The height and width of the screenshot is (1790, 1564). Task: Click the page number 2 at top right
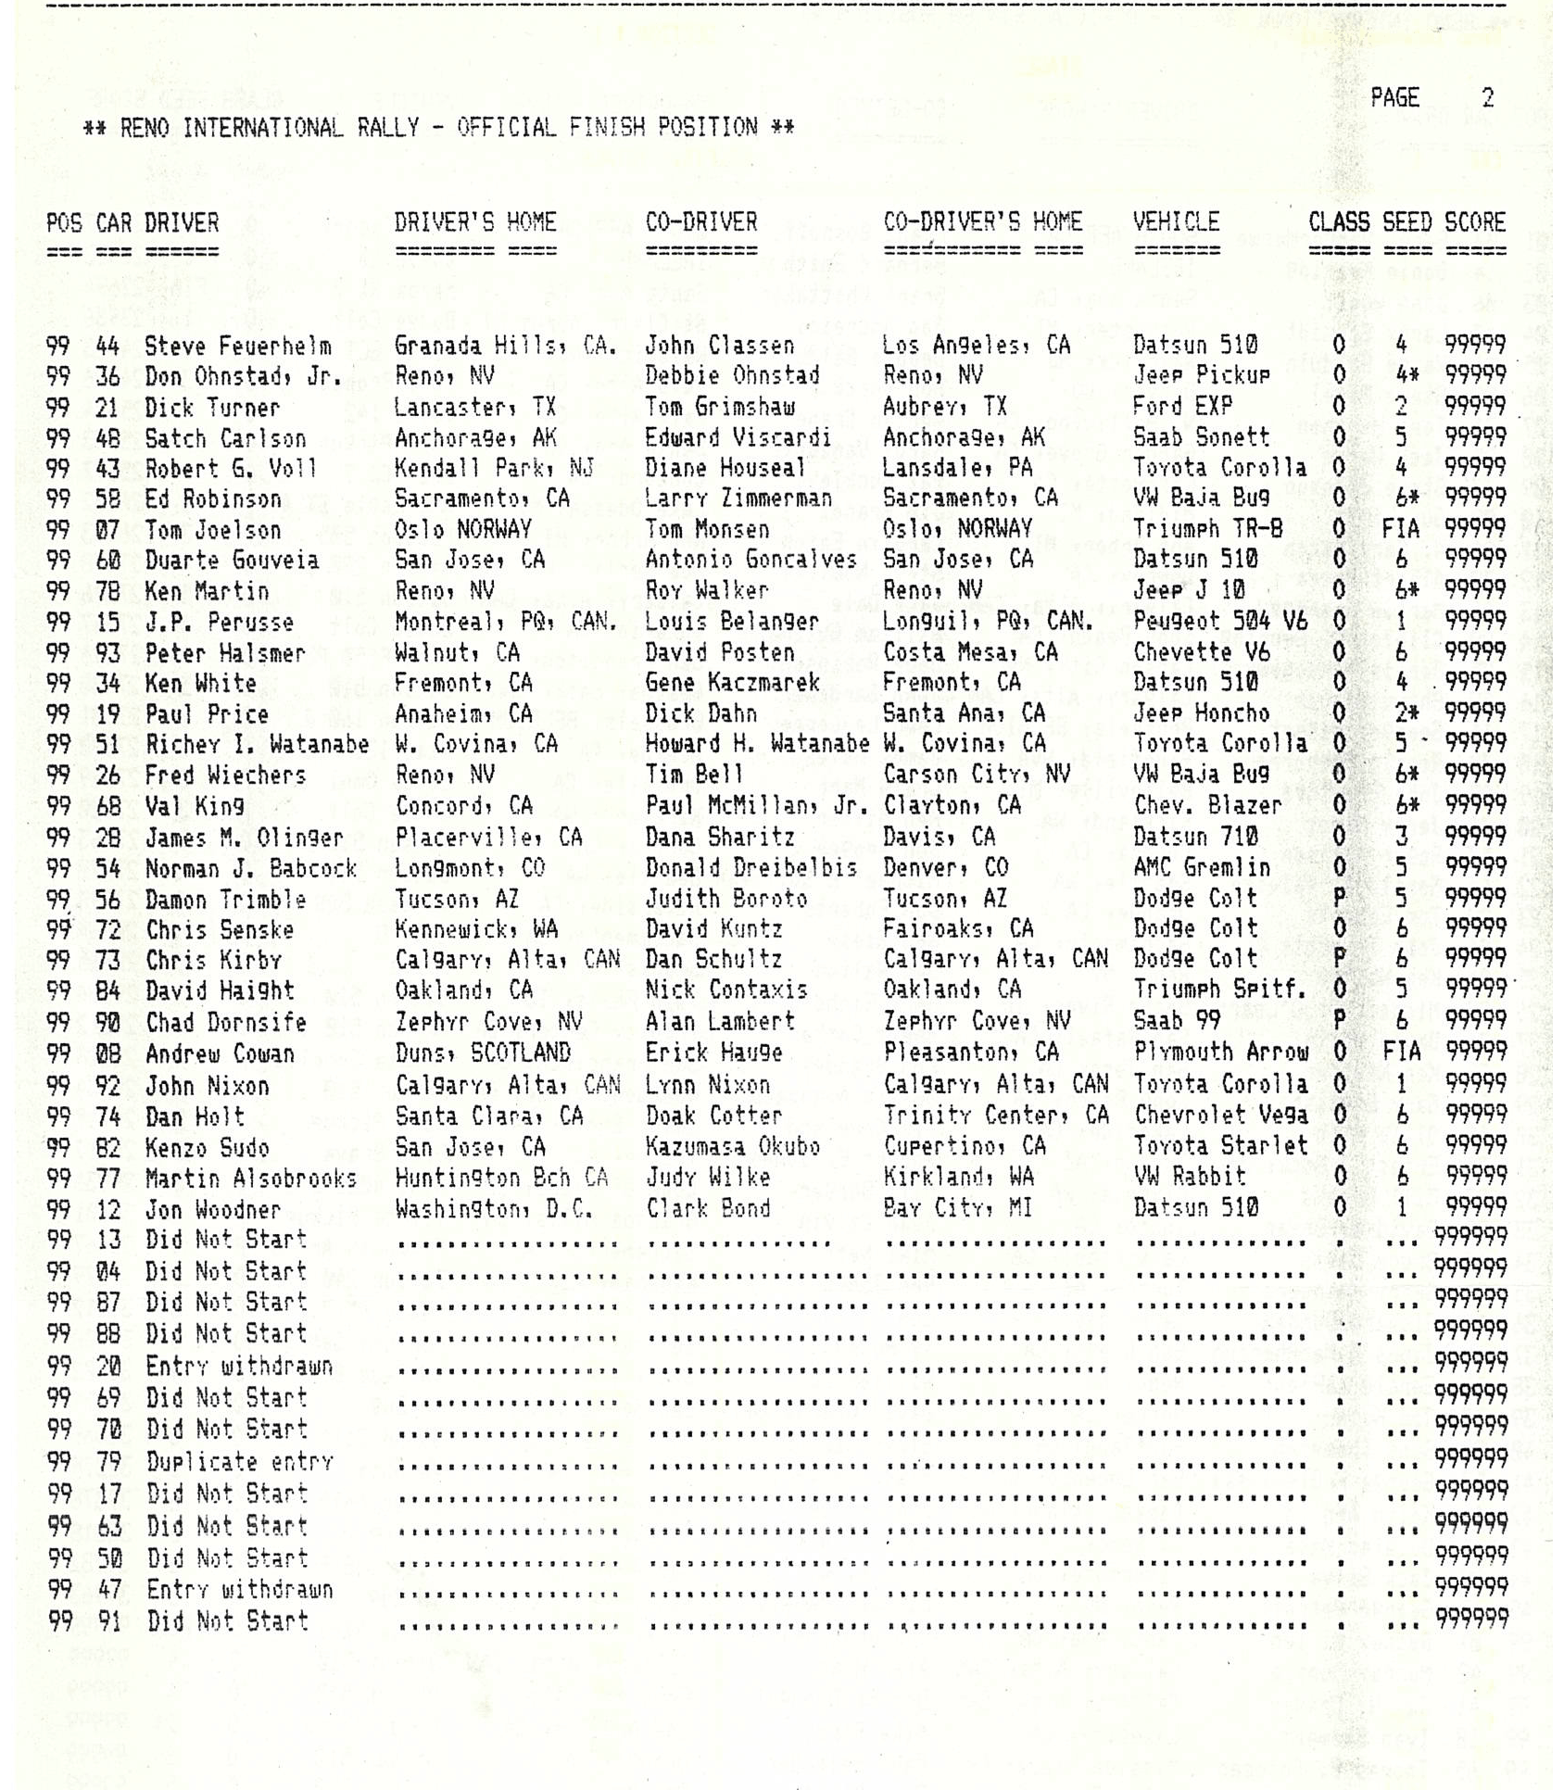pyautogui.click(x=1488, y=98)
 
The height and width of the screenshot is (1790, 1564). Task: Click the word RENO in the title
pyautogui.click(x=145, y=128)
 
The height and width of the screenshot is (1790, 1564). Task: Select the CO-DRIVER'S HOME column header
pyautogui.click(x=982, y=222)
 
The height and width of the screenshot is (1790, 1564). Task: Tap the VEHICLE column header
pyautogui.click(x=1176, y=222)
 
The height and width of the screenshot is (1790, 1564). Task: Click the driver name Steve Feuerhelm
pyautogui.click(x=238, y=347)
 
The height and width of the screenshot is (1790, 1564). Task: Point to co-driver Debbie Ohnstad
pyautogui.click(x=732, y=376)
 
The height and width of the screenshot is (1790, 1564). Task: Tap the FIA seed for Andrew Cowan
pyautogui.click(x=1401, y=1053)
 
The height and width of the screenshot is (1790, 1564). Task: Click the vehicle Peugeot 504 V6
pyautogui.click(x=1219, y=621)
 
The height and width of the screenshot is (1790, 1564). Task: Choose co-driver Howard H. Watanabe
pyautogui.click(x=757, y=744)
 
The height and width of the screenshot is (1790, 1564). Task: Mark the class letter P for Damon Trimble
pyautogui.click(x=1339, y=899)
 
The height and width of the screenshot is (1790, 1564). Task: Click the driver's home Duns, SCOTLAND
pyautogui.click(x=482, y=1053)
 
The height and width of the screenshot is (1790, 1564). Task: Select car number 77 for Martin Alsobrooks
pyautogui.click(x=108, y=1179)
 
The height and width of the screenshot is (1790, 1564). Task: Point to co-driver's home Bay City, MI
pyautogui.click(x=957, y=1209)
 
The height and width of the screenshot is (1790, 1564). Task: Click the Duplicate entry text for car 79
pyautogui.click(x=240, y=1462)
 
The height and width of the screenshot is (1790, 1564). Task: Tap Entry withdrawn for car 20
pyautogui.click(x=239, y=1367)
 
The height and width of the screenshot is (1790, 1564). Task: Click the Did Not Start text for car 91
pyautogui.click(x=227, y=1621)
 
